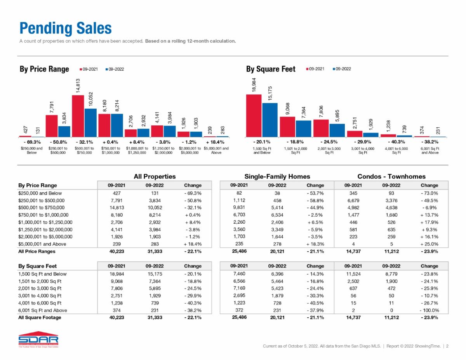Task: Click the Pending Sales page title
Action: coord(66,28)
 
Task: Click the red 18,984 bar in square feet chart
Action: coord(254,115)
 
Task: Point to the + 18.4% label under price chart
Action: coord(216,142)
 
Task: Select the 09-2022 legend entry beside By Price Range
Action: coord(115,69)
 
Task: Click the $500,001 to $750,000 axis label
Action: coord(84,150)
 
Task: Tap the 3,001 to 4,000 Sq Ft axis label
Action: coord(363,150)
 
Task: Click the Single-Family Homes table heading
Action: coord(277,176)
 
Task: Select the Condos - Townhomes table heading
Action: coord(391,176)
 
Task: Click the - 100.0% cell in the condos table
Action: coord(429,310)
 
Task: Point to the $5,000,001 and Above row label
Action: coord(42,244)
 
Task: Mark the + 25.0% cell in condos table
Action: coord(429,244)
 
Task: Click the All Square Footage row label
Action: coord(40,317)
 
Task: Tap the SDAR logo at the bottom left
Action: coord(38,340)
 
